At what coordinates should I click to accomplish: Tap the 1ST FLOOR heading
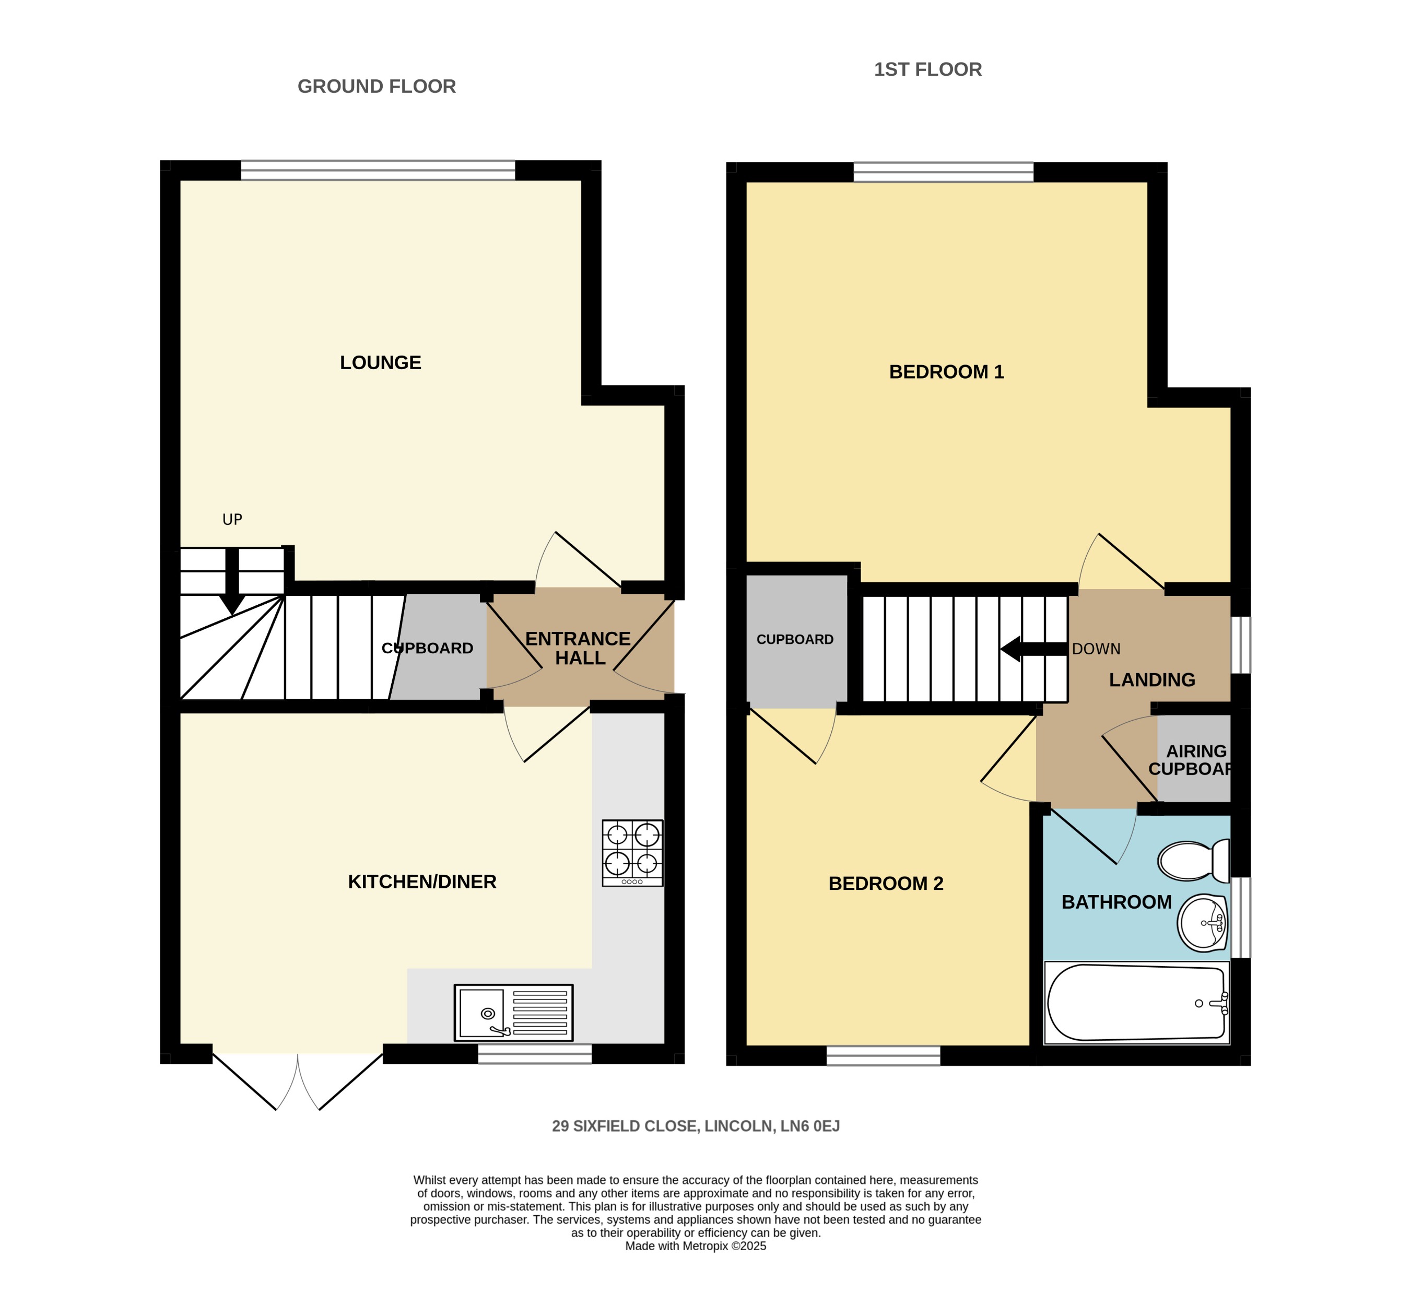(x=927, y=69)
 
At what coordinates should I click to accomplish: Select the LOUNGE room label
(x=381, y=363)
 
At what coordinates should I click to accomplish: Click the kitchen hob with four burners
(x=632, y=852)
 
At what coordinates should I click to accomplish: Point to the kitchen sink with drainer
(x=513, y=1012)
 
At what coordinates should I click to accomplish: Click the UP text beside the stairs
(x=232, y=520)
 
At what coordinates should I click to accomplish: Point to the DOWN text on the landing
(x=1096, y=649)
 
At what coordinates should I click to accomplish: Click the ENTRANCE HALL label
(x=579, y=648)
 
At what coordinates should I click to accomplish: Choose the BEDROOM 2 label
(x=886, y=883)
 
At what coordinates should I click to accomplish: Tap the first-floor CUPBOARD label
(x=794, y=640)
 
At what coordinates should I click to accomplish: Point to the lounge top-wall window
(x=378, y=170)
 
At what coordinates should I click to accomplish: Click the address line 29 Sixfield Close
(x=696, y=1126)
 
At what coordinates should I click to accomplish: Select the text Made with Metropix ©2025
(x=696, y=1245)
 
